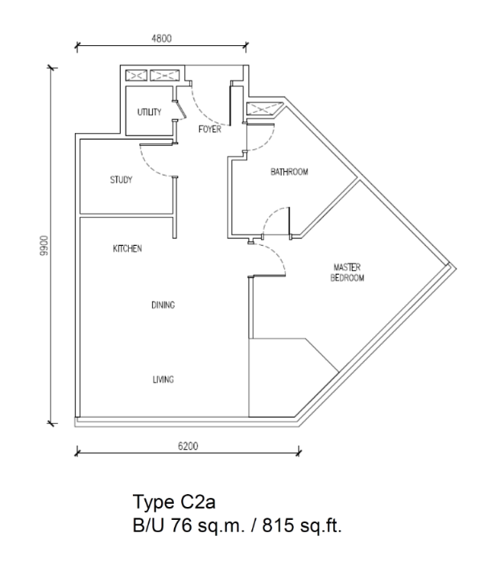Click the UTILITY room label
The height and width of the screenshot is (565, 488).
[149, 112]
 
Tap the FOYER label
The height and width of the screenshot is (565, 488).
[210, 129]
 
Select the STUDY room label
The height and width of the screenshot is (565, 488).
[122, 180]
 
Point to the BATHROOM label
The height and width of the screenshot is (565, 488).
[289, 172]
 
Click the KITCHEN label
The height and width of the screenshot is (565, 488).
[127, 248]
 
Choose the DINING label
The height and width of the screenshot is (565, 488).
[163, 305]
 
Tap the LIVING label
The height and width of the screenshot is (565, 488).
[163, 379]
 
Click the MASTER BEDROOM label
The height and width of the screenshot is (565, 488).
[347, 272]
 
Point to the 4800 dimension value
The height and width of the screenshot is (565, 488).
[162, 38]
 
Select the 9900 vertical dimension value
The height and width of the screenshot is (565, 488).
[44, 245]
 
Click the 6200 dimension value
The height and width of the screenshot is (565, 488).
[188, 446]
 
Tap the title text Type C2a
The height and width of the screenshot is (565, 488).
[174, 501]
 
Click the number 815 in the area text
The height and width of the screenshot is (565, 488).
[278, 525]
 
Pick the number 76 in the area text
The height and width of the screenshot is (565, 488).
[181, 525]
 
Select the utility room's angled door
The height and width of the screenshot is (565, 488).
[180, 110]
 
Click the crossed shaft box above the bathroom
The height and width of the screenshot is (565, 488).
[265, 109]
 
